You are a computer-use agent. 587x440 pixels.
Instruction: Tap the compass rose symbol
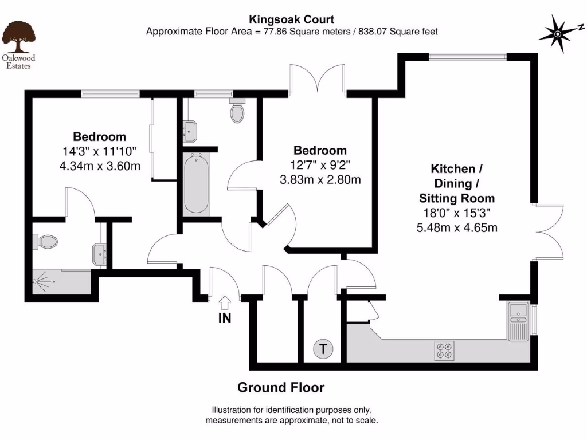pos(558,34)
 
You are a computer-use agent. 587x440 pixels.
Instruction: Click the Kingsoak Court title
pos(292,19)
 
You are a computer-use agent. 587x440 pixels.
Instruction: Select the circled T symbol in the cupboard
pos(323,349)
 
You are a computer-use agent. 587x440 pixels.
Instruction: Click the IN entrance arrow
pos(225,302)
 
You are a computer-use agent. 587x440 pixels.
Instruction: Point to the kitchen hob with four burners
pos(444,351)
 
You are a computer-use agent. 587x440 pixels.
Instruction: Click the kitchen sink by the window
pos(518,321)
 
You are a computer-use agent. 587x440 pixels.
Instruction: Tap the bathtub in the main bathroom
pos(196,183)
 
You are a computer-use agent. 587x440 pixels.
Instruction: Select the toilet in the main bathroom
pos(237,110)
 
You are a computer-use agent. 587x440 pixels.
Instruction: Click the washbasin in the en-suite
pos(100,255)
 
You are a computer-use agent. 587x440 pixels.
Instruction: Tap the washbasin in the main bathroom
pos(190,132)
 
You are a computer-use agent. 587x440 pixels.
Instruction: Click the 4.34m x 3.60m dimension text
pos(100,166)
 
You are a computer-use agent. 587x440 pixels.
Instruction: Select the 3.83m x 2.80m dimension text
pos(320,179)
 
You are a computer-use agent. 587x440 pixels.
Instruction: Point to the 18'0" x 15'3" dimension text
pos(457,213)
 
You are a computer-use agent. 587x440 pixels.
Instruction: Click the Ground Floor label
pos(281,387)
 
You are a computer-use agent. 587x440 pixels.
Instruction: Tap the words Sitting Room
pos(457,198)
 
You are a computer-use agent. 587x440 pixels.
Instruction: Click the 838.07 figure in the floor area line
pos(373,32)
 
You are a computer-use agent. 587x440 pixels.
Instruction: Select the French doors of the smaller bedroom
pos(318,78)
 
